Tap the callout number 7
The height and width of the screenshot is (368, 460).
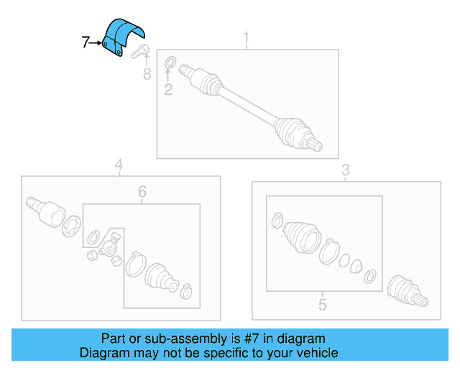[85, 42]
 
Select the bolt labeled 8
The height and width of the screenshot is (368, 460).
[141, 51]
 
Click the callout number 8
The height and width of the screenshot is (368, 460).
[147, 74]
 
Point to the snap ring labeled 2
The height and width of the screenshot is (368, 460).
[170, 63]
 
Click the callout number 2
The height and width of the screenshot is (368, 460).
[168, 90]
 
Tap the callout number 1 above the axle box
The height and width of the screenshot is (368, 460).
[246, 37]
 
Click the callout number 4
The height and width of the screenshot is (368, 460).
[119, 165]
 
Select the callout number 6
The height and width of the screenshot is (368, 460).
[142, 192]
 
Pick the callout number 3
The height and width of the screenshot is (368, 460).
[346, 170]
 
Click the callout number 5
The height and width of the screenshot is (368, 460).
[323, 305]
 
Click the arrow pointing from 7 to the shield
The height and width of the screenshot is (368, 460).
[95, 43]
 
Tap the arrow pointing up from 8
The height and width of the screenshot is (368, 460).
[147, 60]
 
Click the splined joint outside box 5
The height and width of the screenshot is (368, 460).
[408, 291]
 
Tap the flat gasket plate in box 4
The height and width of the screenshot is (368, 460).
[70, 226]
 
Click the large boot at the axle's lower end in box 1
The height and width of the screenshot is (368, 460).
[293, 132]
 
